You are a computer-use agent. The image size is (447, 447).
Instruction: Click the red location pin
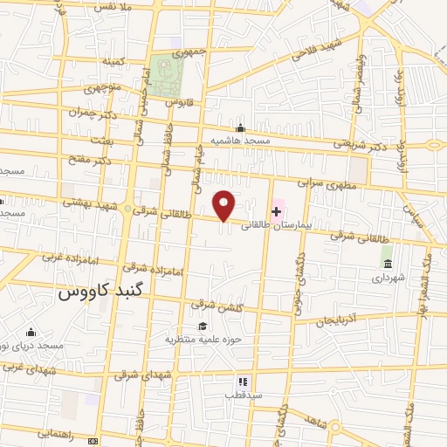tap(225, 205)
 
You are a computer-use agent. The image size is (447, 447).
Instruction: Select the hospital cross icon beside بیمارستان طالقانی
tap(277, 210)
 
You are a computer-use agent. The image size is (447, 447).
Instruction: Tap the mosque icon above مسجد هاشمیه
tap(240, 127)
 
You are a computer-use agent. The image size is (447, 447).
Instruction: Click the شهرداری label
tap(385, 278)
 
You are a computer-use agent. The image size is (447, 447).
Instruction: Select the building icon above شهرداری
tap(387, 264)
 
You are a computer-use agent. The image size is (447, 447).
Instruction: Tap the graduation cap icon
tap(203, 326)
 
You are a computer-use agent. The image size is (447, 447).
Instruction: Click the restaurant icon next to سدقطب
tap(244, 382)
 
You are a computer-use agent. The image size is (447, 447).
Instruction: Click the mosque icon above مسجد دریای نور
tap(31, 332)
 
